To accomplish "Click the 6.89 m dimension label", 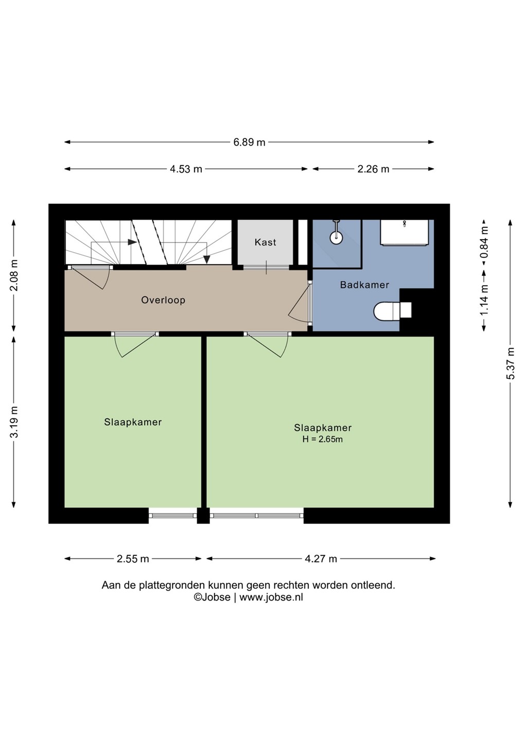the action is pyautogui.click(x=249, y=142).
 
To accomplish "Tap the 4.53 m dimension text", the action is pyautogui.click(x=186, y=169).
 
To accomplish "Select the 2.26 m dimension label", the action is pyautogui.click(x=373, y=169).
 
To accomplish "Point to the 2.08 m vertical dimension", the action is pyautogui.click(x=14, y=275).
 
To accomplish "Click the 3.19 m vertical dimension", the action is pyautogui.click(x=14, y=421).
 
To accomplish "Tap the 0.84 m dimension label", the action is pyautogui.click(x=484, y=242).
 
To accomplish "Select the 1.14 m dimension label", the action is pyautogui.click(x=484, y=300).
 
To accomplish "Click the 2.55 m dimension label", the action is pyautogui.click(x=133, y=559).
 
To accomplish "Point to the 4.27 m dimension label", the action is pyautogui.click(x=321, y=559).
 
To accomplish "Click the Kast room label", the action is pyautogui.click(x=265, y=242).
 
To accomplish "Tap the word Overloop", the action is pyautogui.click(x=163, y=300).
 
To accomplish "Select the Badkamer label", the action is pyautogui.click(x=364, y=285).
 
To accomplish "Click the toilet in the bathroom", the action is pyautogui.click(x=392, y=310).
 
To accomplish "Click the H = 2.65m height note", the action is pyautogui.click(x=322, y=439).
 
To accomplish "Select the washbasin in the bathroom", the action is pyautogui.click(x=404, y=233).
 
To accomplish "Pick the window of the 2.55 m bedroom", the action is pyautogui.click(x=172, y=516).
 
